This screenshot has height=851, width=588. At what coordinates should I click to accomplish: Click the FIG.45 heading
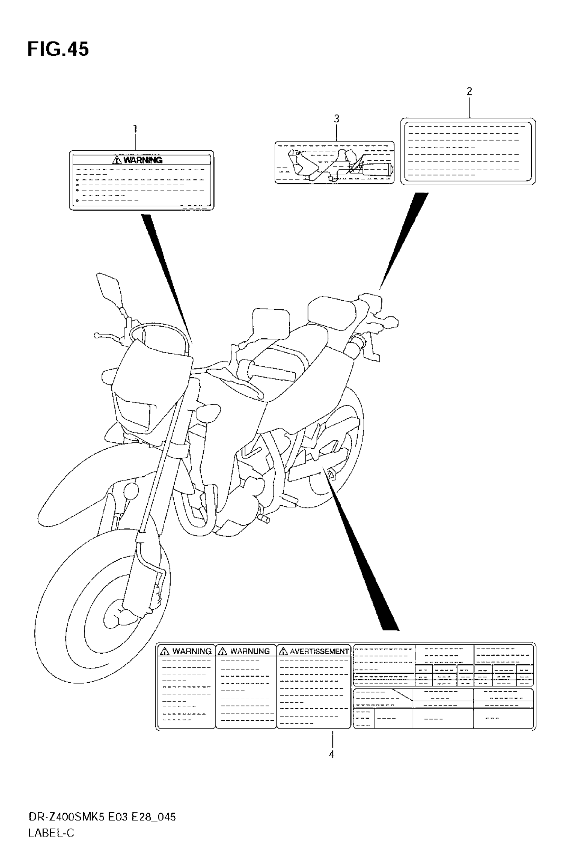pyautogui.click(x=58, y=49)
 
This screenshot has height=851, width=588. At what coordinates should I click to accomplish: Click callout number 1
pyautogui.click(x=135, y=129)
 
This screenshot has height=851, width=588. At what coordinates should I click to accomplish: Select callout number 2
pyautogui.click(x=469, y=91)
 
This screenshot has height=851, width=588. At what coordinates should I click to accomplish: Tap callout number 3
pyautogui.click(x=336, y=119)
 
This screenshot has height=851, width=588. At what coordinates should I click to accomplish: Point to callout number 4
pyautogui.click(x=332, y=755)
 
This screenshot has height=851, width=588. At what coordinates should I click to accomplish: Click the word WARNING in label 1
pyautogui.click(x=143, y=160)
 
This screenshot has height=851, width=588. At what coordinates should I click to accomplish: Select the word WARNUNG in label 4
pyautogui.click(x=250, y=652)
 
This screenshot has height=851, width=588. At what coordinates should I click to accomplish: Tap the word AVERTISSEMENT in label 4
pyautogui.click(x=319, y=652)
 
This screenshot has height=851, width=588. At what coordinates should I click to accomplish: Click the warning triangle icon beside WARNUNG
pyautogui.click(x=222, y=652)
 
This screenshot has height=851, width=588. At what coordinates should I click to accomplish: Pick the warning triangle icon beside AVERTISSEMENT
pyautogui.click(x=283, y=652)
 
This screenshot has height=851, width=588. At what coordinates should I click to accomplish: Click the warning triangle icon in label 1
pyautogui.click(x=117, y=160)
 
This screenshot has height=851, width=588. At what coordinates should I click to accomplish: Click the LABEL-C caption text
pyautogui.click(x=51, y=833)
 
